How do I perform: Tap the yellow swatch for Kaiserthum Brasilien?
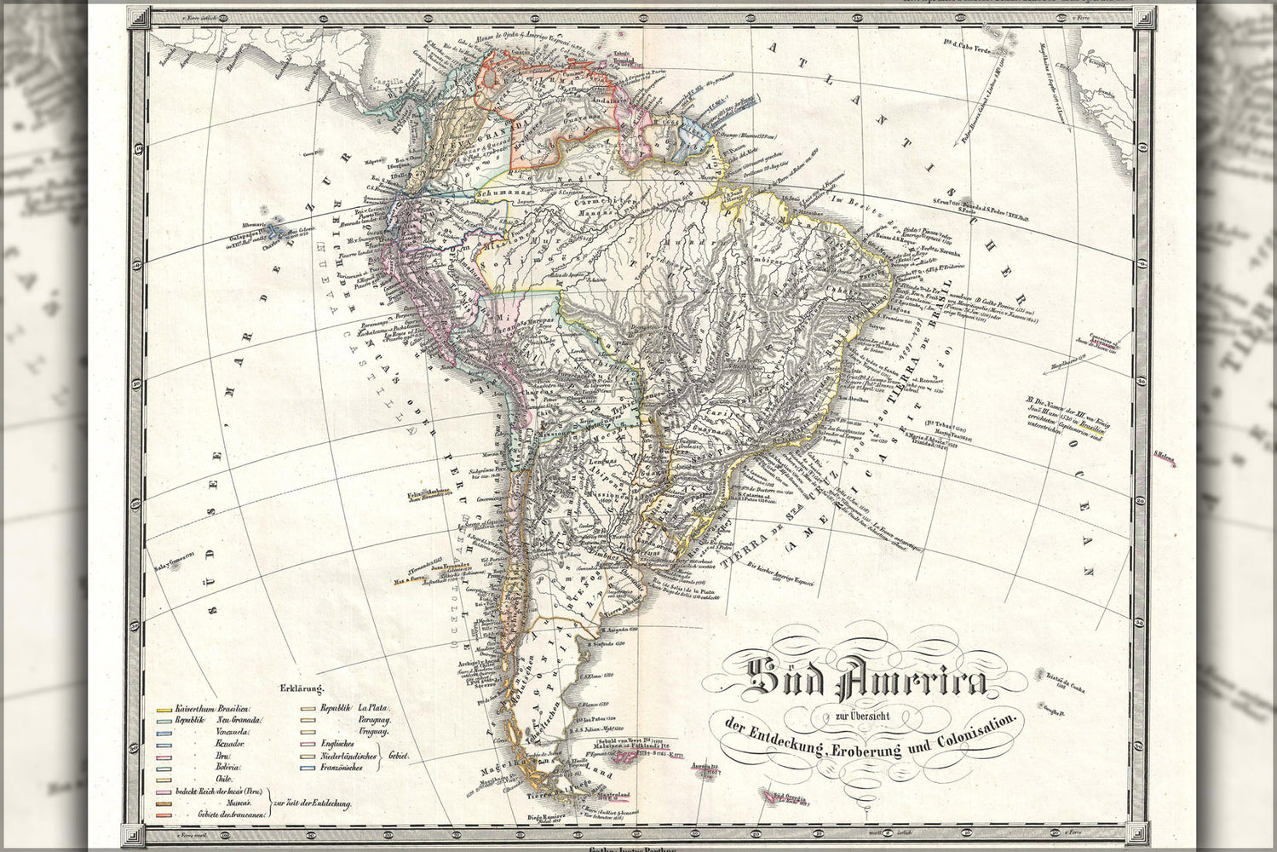pyautogui.click(x=163, y=709)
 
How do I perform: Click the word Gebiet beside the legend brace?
pyautogui.click(x=398, y=756)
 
